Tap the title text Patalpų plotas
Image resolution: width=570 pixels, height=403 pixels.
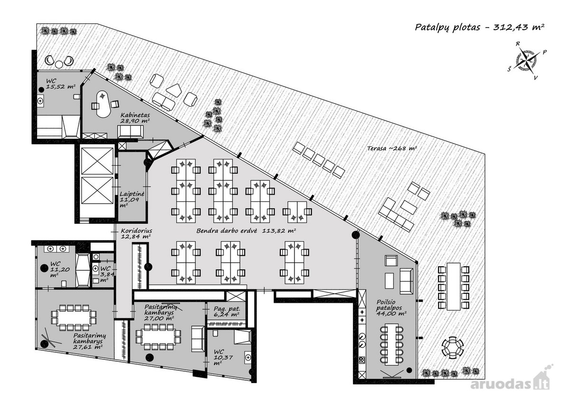coord(447,28)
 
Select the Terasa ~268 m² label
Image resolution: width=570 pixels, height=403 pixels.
coord(392,148)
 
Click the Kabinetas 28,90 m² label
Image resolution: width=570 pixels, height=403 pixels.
coord(135,118)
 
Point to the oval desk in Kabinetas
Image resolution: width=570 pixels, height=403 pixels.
coord(104,104)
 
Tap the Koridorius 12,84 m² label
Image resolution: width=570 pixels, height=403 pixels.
coord(136,234)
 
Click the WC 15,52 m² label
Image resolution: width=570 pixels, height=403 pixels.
coord(61,84)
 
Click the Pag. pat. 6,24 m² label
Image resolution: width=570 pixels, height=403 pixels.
coord(227,312)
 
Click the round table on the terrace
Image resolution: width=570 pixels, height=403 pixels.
coord(452,347)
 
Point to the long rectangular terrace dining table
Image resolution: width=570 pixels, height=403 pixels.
coord(454,287)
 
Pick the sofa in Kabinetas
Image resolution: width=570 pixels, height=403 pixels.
coord(130,131)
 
